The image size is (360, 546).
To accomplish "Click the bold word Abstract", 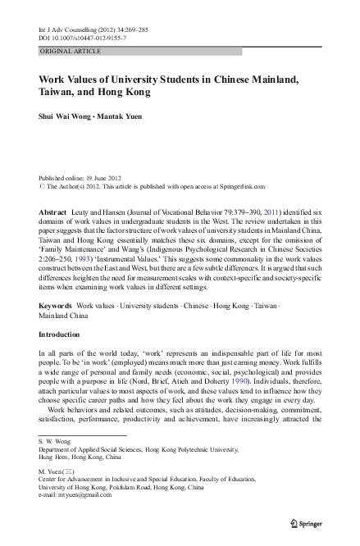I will [x=54, y=212].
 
